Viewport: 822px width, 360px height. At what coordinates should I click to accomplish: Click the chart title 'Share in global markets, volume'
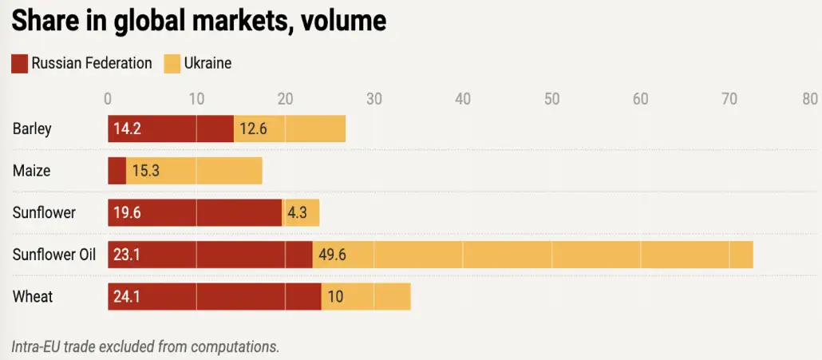tap(199, 20)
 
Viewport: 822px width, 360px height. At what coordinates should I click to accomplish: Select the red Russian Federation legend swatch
tap(19, 63)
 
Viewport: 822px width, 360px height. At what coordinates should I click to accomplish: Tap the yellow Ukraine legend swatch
tap(172, 63)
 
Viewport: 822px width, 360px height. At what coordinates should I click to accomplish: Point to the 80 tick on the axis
tap(810, 99)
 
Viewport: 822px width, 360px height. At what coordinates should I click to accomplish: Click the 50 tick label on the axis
tap(551, 99)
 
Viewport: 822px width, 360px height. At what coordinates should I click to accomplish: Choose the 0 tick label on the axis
tap(108, 99)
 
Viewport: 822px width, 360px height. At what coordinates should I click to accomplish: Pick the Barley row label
tap(32, 129)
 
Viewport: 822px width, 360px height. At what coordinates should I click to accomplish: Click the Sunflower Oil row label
tap(54, 255)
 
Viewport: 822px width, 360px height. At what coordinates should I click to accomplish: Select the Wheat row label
tap(33, 297)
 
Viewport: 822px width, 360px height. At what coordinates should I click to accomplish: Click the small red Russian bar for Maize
tap(117, 171)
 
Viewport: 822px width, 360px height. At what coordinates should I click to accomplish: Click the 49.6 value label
tap(332, 255)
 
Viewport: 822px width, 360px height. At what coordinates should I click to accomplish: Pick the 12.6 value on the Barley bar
tap(253, 129)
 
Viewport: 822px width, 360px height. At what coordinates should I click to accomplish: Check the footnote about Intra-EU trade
tap(145, 346)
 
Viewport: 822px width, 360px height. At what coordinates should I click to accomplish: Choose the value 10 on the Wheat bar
tap(335, 297)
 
